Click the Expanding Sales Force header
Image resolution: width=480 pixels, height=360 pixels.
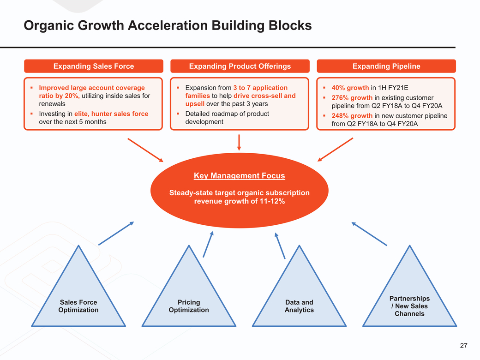pyautogui.click(x=94, y=66)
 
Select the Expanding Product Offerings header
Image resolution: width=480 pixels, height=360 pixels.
pyautogui.click(x=240, y=66)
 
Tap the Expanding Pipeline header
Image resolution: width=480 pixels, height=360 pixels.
pyautogui.click(x=386, y=66)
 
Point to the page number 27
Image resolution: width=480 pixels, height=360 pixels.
pyautogui.click(x=463, y=345)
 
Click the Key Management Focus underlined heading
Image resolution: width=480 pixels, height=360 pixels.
pyautogui.click(x=239, y=176)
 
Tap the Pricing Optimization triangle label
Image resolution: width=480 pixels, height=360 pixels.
pyautogui.click(x=189, y=306)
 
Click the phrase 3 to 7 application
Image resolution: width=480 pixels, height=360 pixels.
pyautogui.click(x=260, y=88)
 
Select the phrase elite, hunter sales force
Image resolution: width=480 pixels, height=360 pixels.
pyautogui.click(x=111, y=114)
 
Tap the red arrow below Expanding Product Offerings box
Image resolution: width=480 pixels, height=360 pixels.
pyautogui.click(x=239, y=142)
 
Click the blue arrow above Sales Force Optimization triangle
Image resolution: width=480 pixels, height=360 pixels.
pyautogui.click(x=116, y=233)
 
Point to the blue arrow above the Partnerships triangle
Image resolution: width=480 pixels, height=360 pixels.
pyautogui.click(x=369, y=234)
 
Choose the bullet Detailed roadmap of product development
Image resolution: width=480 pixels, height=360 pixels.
pyautogui.click(x=227, y=118)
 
